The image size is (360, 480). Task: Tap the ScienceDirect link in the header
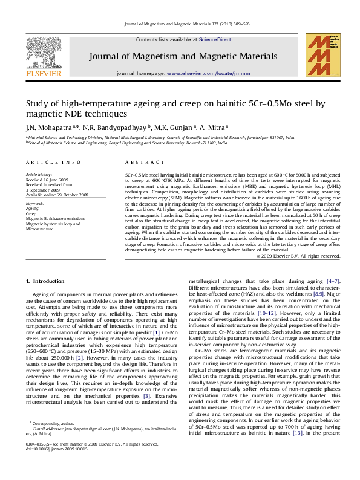[215, 39]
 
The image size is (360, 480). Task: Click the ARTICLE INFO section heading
[53, 163]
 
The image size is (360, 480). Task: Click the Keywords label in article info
[36, 204]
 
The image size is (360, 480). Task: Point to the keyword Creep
[31, 214]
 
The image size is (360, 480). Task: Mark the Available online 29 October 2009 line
[57, 195]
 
